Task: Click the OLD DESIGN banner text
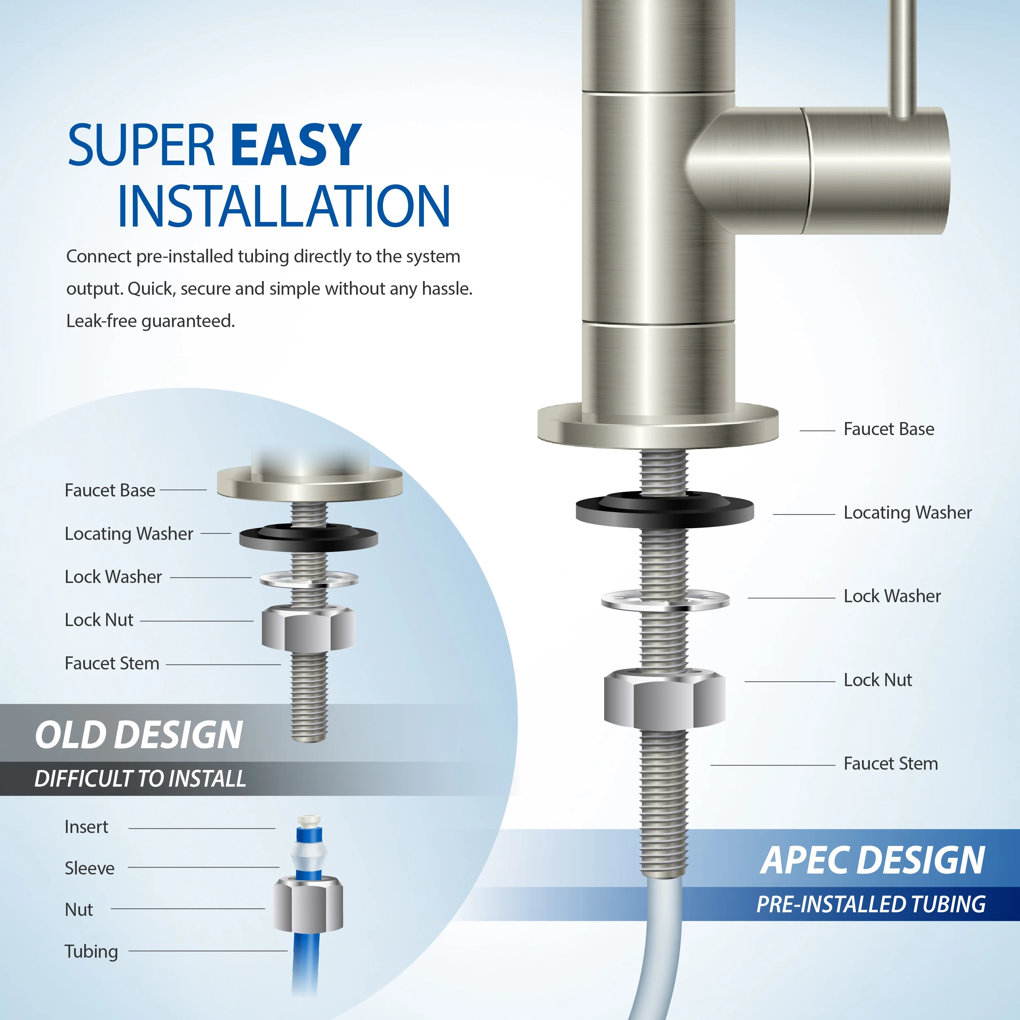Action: point(139,735)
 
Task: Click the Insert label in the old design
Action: point(86,827)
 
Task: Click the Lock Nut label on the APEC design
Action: point(877,680)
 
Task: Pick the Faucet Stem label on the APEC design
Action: point(891,763)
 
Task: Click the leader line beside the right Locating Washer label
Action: point(804,514)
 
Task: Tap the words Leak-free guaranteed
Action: point(150,321)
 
